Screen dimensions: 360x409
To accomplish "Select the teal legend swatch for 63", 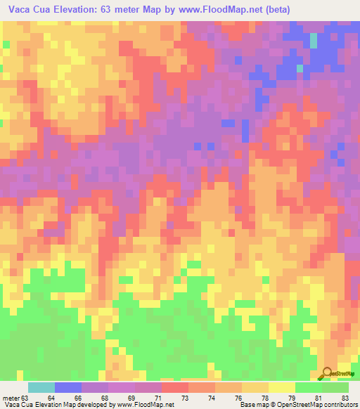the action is [x=41, y=387].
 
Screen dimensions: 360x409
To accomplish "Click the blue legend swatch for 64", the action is [x=68, y=387].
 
